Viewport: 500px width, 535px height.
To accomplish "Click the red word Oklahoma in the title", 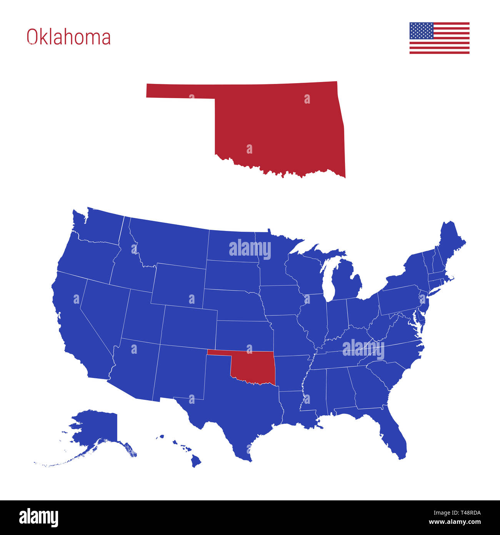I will coord(68,37).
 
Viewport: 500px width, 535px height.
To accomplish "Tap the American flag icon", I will coord(439,38).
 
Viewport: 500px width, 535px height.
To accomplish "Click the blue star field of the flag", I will coord(421,31).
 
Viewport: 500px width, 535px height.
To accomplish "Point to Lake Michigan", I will coord(328,281).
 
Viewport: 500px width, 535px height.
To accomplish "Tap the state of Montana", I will coord(169,242).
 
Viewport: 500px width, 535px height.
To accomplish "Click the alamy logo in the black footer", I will coord(39,517).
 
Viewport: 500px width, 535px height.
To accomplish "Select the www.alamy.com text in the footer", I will coord(454,522).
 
